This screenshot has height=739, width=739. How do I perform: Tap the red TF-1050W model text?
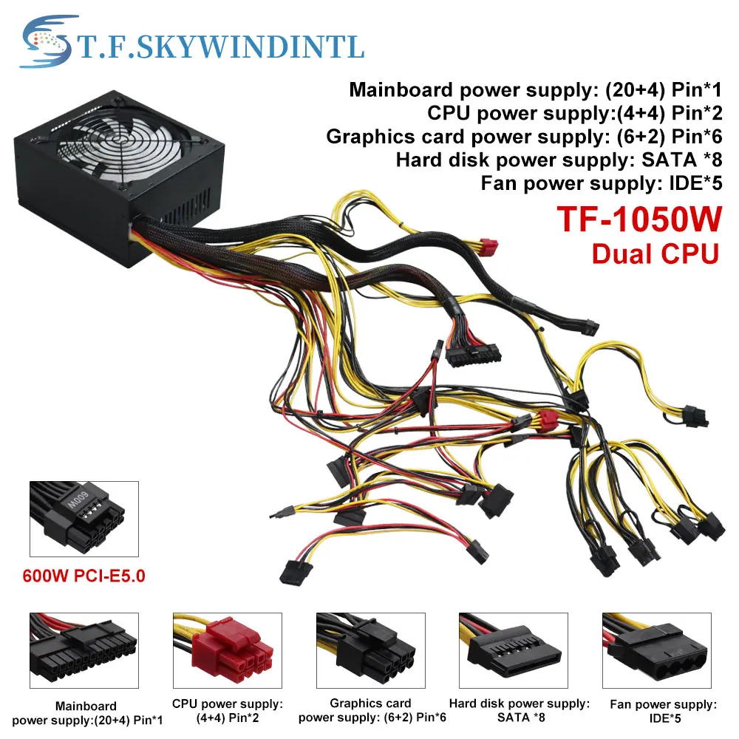(639, 219)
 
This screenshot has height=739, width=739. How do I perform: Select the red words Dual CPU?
(655, 254)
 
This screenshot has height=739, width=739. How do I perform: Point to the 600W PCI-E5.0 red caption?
(84, 576)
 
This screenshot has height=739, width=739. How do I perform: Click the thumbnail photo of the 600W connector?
(84, 519)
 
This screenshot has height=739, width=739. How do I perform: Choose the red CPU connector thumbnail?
(228, 650)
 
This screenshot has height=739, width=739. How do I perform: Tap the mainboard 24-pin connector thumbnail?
(84, 650)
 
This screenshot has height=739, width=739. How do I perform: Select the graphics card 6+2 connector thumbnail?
(371, 650)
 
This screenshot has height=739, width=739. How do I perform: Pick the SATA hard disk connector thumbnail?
(514, 650)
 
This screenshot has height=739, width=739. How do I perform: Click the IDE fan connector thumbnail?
(657, 650)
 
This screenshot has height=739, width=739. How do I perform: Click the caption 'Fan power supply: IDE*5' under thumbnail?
(664, 711)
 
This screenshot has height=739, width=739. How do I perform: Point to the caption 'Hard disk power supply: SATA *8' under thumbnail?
(520, 710)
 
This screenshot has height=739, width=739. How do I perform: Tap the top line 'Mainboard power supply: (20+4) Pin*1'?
(535, 89)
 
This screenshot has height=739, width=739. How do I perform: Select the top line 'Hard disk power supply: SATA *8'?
(559, 160)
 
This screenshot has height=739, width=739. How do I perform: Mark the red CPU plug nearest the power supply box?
(488, 247)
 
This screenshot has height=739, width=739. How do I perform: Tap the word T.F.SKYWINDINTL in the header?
(221, 47)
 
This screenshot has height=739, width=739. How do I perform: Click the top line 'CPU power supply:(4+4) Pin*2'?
(574, 113)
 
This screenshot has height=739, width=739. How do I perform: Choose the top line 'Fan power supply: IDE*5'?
(602, 183)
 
